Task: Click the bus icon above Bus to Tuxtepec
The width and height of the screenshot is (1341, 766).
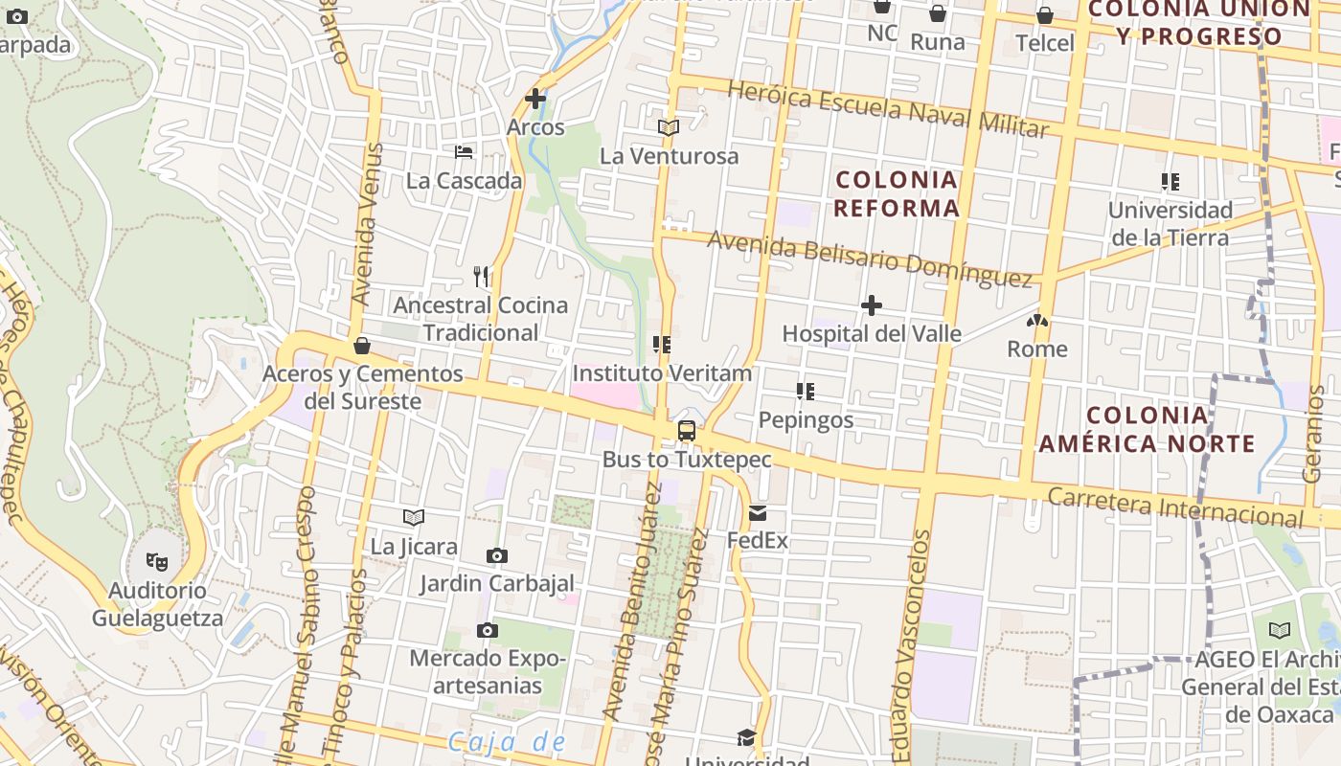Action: (x=687, y=431)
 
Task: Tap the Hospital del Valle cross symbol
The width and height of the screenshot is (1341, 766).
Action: (x=872, y=305)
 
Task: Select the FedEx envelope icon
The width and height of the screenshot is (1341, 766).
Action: (x=758, y=513)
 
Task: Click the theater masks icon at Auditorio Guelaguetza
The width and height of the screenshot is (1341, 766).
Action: (x=157, y=561)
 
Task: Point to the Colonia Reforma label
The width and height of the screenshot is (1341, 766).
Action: (x=897, y=193)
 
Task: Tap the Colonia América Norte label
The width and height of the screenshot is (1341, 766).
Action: (x=1147, y=429)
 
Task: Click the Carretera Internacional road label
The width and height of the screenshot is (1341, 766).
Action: (x=1175, y=507)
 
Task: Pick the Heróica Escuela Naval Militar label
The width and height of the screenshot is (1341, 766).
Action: (x=888, y=109)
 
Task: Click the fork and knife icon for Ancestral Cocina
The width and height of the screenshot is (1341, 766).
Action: (x=482, y=277)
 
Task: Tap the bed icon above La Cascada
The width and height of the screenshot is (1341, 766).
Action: (x=464, y=152)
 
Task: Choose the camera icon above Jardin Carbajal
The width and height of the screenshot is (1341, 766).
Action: (x=496, y=555)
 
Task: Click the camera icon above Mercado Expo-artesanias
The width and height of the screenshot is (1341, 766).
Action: (x=488, y=630)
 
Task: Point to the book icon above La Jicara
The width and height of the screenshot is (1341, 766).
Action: (x=414, y=518)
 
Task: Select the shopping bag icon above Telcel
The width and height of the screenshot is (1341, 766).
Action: (x=1045, y=16)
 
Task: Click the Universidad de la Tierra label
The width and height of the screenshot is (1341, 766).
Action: (x=1170, y=223)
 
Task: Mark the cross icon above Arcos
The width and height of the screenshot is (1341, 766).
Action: (x=535, y=98)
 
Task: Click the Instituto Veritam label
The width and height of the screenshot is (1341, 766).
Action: (x=662, y=372)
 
